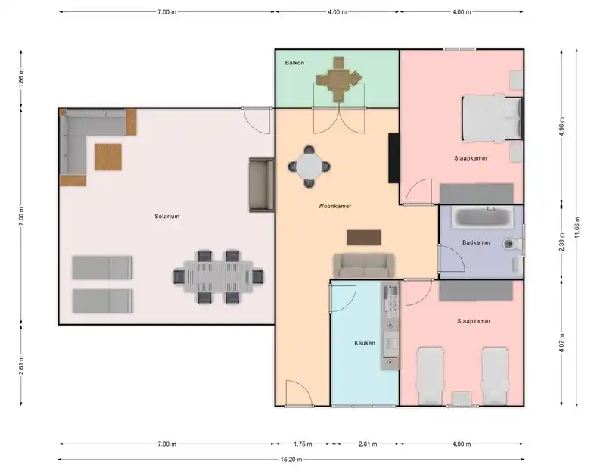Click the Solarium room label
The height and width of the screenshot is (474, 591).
[167, 217]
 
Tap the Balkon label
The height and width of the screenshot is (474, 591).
[294, 63]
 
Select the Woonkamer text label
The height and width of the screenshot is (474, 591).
[334, 206]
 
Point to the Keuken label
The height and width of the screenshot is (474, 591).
[365, 343]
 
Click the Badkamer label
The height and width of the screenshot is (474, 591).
[477, 242]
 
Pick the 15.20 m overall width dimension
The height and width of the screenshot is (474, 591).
[291, 460]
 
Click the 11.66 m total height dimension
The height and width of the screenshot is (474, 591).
[577, 227]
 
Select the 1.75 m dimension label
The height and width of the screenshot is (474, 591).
[303, 444]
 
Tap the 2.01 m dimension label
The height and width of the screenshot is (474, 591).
[368, 444]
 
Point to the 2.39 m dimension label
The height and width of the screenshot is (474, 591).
[561, 242]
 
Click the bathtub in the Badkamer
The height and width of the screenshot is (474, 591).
[483, 217]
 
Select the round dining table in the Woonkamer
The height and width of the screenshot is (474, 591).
[309, 167]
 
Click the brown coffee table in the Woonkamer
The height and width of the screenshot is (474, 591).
[364, 238]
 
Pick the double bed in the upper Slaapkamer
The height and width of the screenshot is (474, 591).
[493, 118]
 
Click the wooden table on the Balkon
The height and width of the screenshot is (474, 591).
[337, 80]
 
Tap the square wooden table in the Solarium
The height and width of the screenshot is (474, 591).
[107, 157]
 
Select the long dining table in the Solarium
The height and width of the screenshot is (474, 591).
[218, 277]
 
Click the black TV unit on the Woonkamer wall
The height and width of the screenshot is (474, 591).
[394, 158]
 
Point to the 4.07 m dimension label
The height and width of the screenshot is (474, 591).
[561, 343]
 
